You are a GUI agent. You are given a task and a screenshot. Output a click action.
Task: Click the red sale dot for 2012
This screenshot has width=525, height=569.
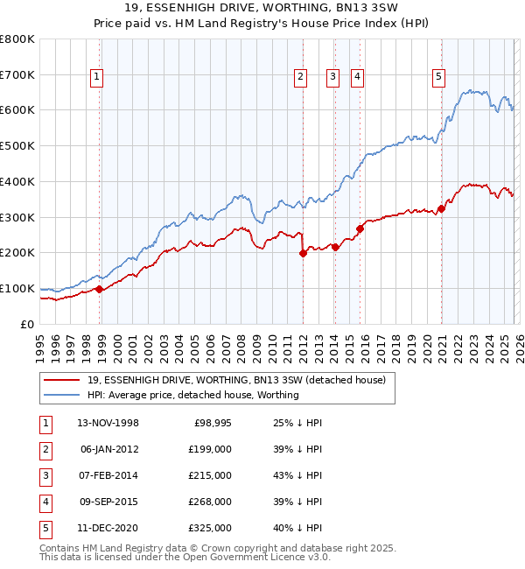click(304, 253)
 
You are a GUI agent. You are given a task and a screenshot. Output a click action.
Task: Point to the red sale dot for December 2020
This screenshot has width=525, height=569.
click(441, 207)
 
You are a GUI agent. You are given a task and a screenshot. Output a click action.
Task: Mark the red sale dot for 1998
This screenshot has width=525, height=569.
click(100, 289)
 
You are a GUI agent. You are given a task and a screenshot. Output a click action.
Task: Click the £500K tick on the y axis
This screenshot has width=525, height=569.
click(17, 145)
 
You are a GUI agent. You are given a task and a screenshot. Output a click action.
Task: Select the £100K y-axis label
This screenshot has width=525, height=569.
click(17, 288)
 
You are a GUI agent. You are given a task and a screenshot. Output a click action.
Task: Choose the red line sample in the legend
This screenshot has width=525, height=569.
click(62, 380)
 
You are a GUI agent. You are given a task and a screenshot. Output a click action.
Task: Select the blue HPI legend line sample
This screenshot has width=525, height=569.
click(62, 395)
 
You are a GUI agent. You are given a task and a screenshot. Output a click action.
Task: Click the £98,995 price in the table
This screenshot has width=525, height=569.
click(213, 423)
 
